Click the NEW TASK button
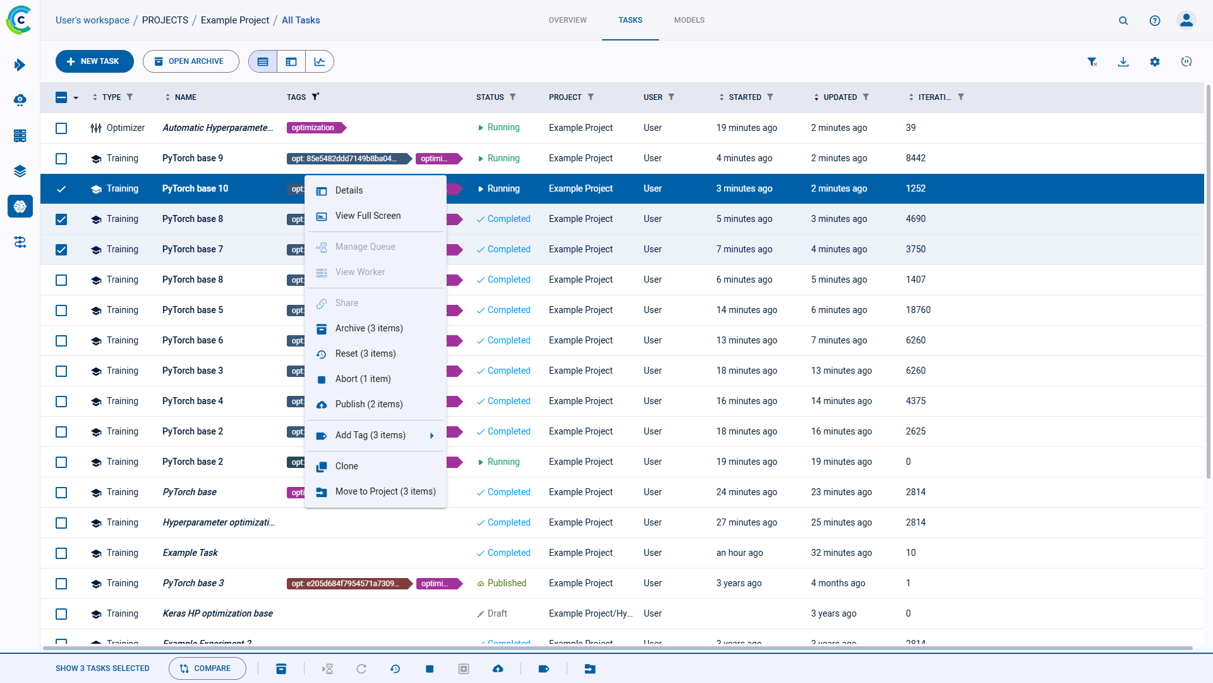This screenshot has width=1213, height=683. pos(94,61)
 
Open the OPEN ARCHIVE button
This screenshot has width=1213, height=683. pos(190,61)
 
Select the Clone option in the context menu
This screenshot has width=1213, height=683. pos(346,466)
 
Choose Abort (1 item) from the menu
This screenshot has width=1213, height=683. pos(363,379)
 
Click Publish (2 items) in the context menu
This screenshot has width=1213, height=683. pos(368,404)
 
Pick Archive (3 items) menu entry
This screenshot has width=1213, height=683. pos(368,328)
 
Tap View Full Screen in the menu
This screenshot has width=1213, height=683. pos(368,216)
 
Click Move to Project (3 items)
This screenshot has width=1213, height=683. pos(385,491)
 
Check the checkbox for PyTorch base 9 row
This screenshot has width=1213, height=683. pos(61,159)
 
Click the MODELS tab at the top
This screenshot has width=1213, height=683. pos(689,20)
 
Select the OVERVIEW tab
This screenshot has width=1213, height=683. pos(567,20)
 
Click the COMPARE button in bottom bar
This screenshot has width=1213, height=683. pos(207,668)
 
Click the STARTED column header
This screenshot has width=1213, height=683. pos(744,97)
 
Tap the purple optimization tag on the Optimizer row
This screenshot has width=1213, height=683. pos(314,128)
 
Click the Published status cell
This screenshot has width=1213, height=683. pos(506,583)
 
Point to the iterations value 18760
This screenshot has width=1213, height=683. pos(918,310)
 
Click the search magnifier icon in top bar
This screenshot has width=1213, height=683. pos(1123,20)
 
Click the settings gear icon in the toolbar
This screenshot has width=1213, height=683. pos(1154,61)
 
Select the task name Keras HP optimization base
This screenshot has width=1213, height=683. pos(217,613)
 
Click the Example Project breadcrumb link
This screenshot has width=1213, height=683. pos(234,20)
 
